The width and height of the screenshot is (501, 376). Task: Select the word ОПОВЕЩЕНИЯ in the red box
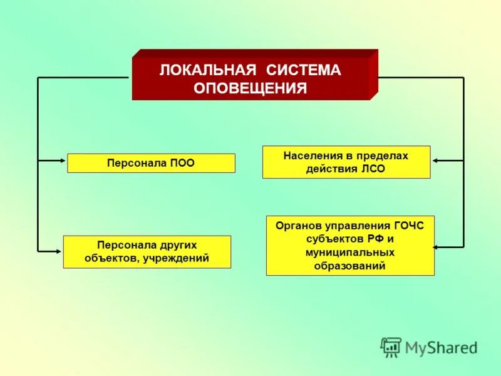click(x=250, y=88)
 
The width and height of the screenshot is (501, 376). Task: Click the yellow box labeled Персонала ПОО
click(x=151, y=163)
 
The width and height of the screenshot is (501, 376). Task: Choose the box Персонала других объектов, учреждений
click(x=147, y=252)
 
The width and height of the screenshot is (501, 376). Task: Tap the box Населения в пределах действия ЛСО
click(x=346, y=162)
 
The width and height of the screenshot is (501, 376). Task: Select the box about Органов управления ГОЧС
click(x=349, y=246)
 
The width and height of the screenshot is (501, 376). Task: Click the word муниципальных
click(x=350, y=253)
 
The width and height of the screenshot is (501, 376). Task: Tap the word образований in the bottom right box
click(x=350, y=266)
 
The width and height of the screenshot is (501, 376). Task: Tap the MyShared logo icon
click(x=391, y=347)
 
